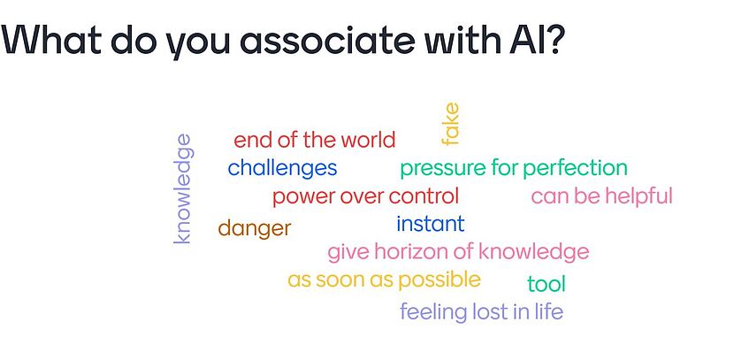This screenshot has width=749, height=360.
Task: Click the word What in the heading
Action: [51, 39]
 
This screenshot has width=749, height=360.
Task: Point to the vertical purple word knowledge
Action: [183, 188]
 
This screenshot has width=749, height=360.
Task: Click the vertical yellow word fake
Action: [450, 124]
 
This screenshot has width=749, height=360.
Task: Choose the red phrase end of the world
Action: [315, 140]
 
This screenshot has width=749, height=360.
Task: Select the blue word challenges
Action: [282, 168]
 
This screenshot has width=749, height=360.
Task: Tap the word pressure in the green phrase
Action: [443, 168]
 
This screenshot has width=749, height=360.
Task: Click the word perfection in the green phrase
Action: [575, 168]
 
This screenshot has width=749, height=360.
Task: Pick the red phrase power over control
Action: [365, 196]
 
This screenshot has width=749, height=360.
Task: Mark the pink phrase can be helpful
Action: [602, 196]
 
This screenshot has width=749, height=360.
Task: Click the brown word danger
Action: [255, 228]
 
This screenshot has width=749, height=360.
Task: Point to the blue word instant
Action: [431, 223]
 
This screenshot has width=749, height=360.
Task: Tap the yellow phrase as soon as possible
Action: [384, 280]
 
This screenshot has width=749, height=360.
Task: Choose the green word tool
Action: [546, 284]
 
